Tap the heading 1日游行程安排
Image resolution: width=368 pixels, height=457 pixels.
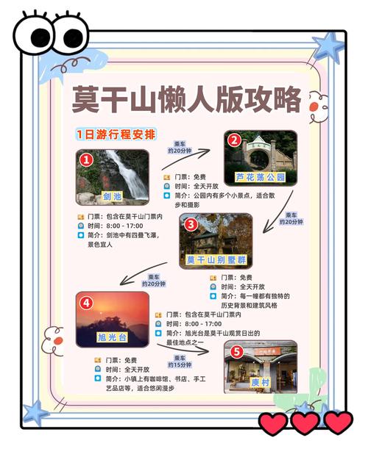pyautogui.click(x=115, y=134)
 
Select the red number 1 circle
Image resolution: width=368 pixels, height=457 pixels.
pyautogui.click(x=87, y=159)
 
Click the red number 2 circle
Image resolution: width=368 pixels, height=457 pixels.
pyautogui.click(x=234, y=140)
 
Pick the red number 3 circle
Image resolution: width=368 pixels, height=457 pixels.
pyautogui.click(x=191, y=224)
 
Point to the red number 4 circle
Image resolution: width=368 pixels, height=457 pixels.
pyautogui.click(x=87, y=301)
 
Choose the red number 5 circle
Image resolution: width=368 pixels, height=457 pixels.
pyautogui.click(x=237, y=351)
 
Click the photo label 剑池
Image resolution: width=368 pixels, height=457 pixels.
pyautogui.click(x=112, y=196)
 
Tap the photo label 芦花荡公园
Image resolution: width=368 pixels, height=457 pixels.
pyautogui.click(x=260, y=177)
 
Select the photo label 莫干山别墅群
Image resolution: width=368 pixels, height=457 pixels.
pyautogui.click(x=215, y=260)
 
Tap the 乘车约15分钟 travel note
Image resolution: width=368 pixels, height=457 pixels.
pyautogui.click(x=179, y=361)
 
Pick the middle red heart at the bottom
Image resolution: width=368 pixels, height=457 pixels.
pyautogui.click(x=305, y=422)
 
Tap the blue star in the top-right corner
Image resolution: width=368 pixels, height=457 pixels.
pyautogui.click(x=328, y=46)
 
